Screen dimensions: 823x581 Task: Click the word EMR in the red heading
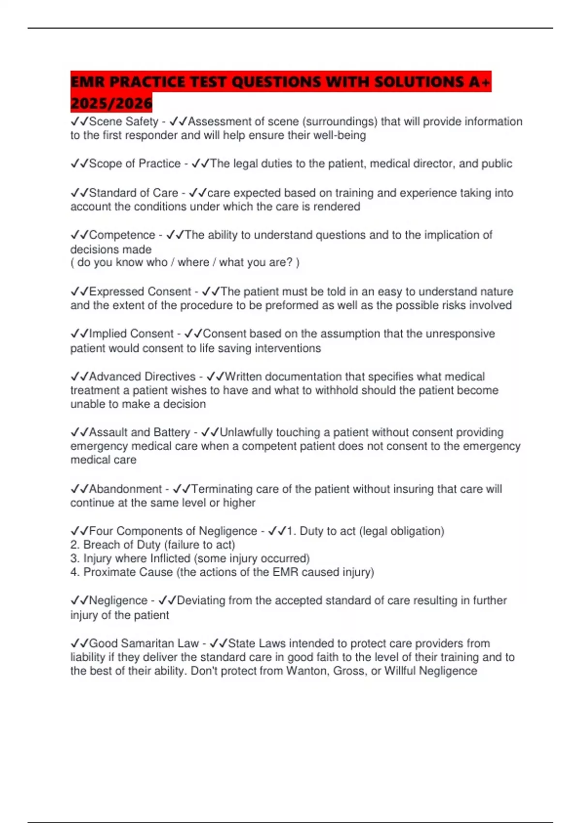pos(88,82)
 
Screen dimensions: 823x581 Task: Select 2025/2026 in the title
pos(111,103)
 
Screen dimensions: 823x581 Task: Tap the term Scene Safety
pos(123,122)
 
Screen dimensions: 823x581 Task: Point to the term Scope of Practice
pos(135,164)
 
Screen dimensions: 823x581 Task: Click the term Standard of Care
pos(134,193)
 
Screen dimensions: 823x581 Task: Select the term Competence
pos(122,235)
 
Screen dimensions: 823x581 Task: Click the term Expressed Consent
pos(140,291)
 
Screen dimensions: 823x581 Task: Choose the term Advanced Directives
pos(142,377)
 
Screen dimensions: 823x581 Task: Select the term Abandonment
pos(125,489)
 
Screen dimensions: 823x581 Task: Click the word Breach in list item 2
pos(101,545)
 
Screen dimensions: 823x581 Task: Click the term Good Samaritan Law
pos(144,643)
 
